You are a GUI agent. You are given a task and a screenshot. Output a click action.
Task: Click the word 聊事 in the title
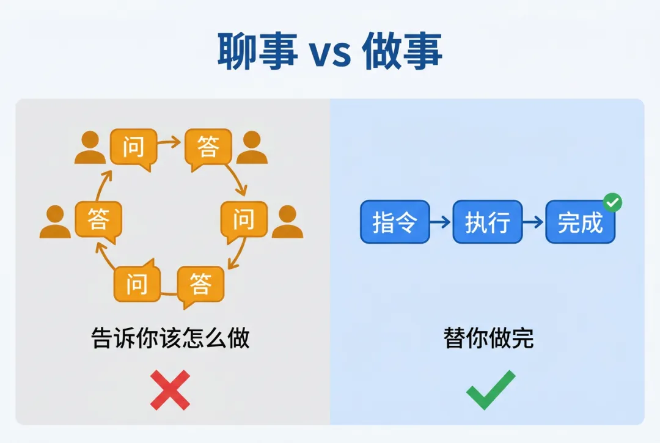(257, 51)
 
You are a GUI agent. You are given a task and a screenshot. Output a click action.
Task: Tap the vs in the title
(330, 54)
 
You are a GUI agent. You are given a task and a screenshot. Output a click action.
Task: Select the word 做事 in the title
(402, 51)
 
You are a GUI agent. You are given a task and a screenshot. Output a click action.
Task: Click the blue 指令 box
(394, 222)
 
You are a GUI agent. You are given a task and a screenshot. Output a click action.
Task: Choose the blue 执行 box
(487, 222)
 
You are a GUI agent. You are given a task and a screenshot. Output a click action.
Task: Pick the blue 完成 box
(580, 222)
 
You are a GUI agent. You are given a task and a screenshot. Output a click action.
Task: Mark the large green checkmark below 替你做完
(491, 390)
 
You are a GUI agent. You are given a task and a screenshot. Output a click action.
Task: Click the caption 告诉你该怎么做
(170, 338)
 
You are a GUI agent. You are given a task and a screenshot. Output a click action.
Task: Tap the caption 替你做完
(488, 338)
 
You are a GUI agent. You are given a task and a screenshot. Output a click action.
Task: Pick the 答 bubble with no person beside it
(200, 285)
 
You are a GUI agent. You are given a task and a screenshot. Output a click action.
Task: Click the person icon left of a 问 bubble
(90, 148)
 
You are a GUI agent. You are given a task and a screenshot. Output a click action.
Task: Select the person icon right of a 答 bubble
(252, 148)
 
